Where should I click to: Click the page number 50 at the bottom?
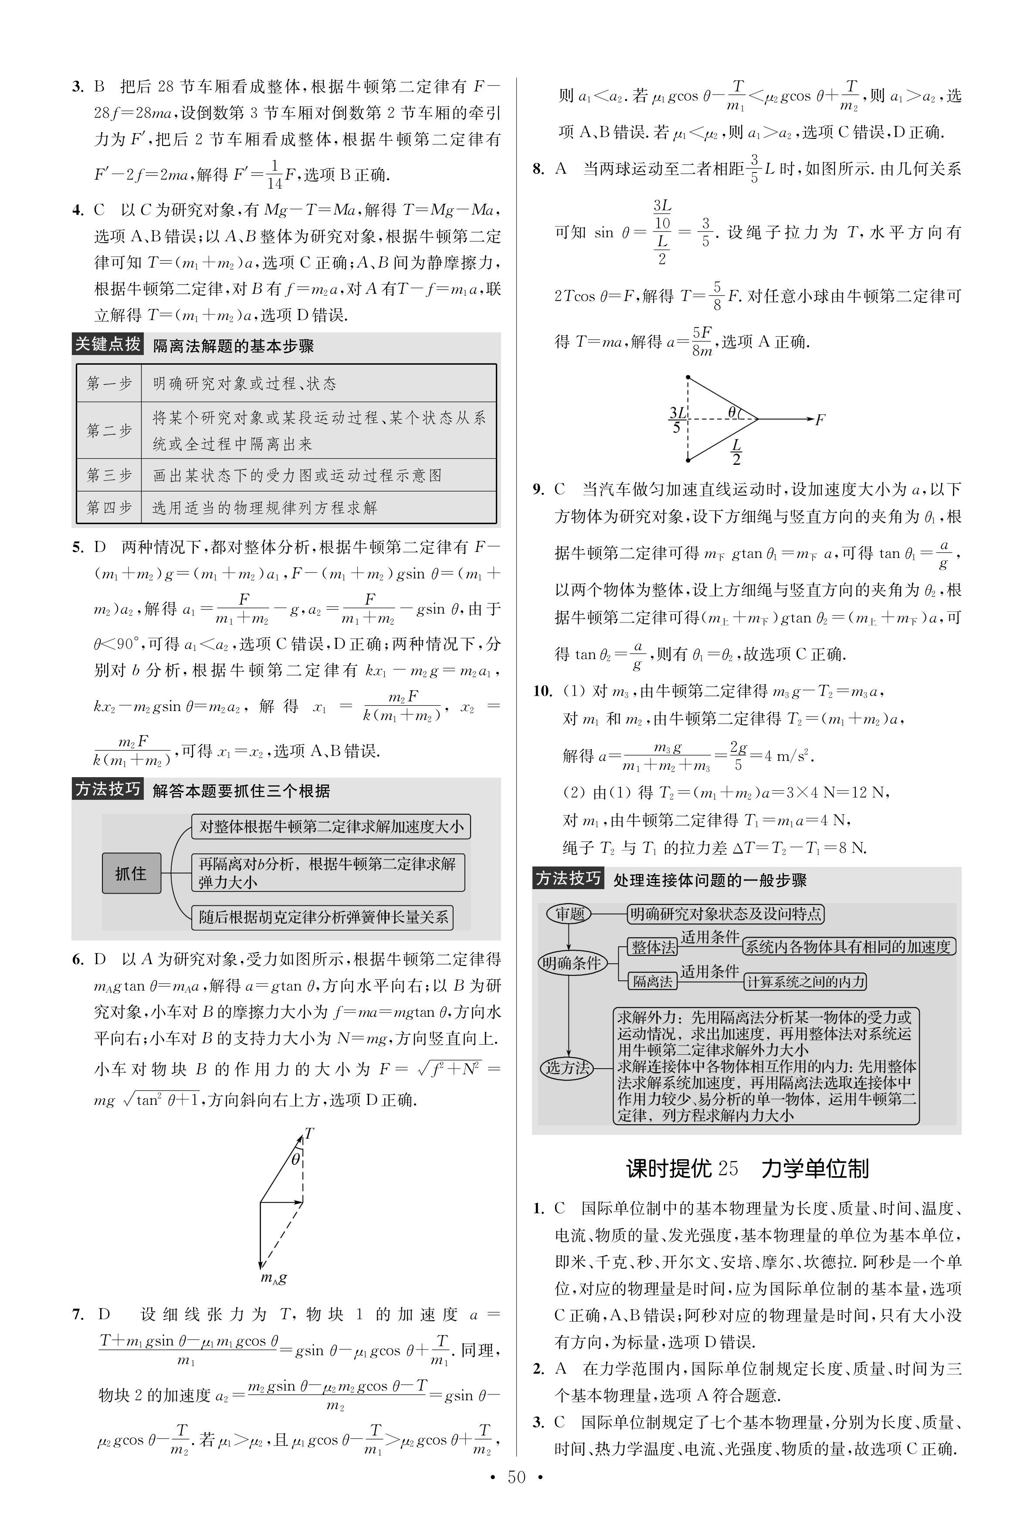[516, 1496]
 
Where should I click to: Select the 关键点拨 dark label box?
[107, 344]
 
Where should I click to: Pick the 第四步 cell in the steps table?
[109, 508]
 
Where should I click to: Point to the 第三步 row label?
[109, 475]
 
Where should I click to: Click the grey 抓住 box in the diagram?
[131, 873]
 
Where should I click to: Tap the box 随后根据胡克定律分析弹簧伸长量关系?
[322, 917]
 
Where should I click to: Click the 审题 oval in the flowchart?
[569, 914]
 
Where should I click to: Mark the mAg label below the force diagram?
[274, 1278]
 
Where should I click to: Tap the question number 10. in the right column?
[542, 691]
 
